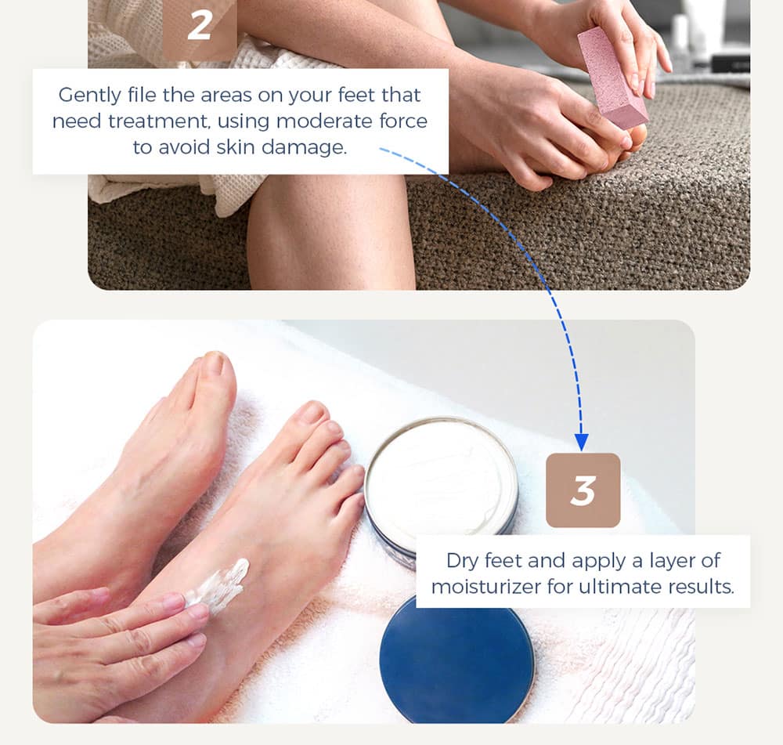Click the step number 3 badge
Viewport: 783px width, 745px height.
tap(583, 490)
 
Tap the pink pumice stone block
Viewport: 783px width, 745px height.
tap(613, 78)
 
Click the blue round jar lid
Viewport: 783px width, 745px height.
tap(456, 660)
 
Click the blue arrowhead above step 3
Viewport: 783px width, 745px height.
tap(581, 442)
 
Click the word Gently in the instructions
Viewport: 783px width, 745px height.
tap(90, 96)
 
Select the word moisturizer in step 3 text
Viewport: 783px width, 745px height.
tap(486, 587)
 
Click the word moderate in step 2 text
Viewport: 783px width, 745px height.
tap(324, 121)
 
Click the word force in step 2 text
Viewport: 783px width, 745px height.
tap(403, 121)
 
